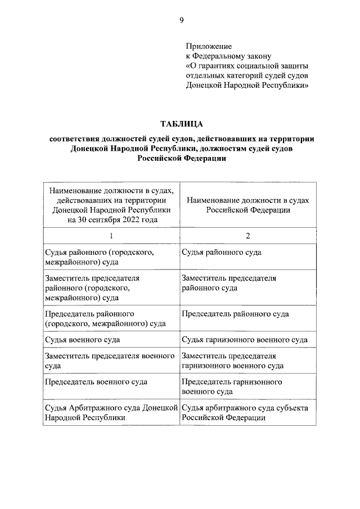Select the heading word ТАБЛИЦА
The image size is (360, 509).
pyautogui.click(x=181, y=123)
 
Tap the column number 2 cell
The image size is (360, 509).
pyautogui.click(x=247, y=236)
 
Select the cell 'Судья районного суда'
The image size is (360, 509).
pyautogui.click(x=222, y=253)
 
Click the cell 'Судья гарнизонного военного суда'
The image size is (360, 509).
pyautogui.click(x=245, y=340)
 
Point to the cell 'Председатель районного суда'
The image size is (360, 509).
pyautogui.click(x=236, y=313)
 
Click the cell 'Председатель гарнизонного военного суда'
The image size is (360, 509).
pyautogui.click(x=232, y=386)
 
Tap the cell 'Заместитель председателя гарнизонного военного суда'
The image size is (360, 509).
pyautogui.click(x=232, y=361)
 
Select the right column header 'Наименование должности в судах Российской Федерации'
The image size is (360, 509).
pyautogui.click(x=247, y=205)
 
